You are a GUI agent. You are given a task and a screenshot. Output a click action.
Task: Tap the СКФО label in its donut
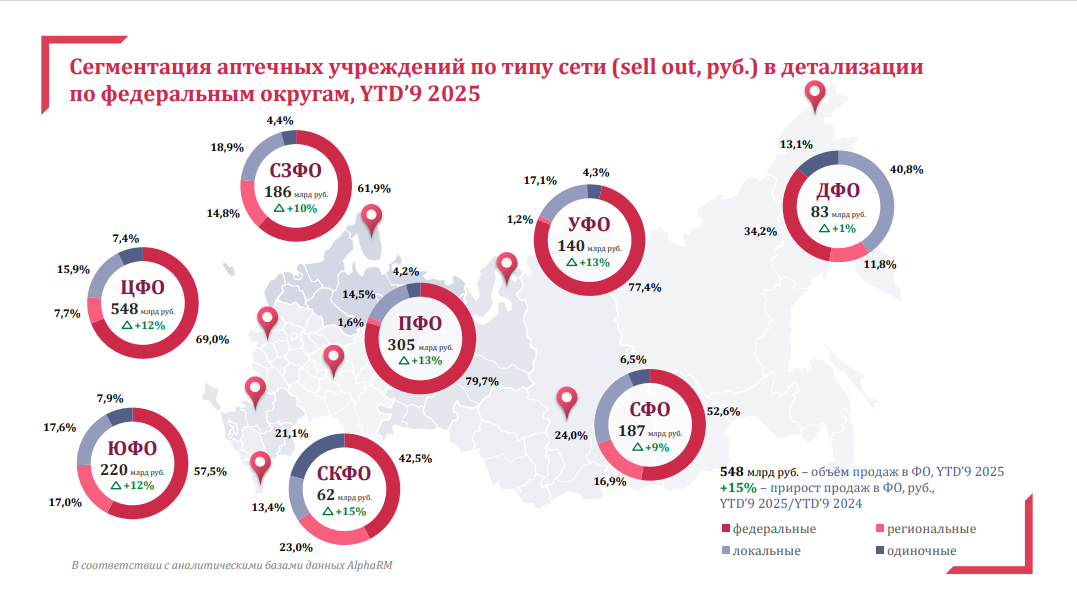click(x=344, y=474)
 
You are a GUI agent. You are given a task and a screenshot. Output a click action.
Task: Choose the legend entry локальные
click(x=768, y=550)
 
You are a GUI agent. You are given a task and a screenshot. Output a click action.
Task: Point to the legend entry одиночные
click(x=922, y=550)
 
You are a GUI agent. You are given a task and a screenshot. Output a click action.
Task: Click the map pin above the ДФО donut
click(x=816, y=96)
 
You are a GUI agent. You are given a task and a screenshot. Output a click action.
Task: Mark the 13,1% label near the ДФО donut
click(x=795, y=144)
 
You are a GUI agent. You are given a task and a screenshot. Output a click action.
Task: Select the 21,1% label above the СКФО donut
click(x=292, y=433)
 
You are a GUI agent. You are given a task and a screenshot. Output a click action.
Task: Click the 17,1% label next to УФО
click(x=540, y=181)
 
